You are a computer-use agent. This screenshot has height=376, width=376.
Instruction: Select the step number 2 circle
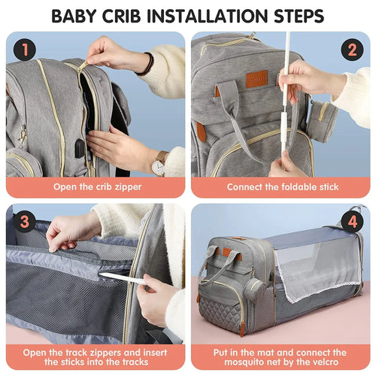350,50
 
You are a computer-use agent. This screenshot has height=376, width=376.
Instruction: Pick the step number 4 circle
350,223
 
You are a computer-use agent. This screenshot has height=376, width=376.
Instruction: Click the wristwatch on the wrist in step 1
159,162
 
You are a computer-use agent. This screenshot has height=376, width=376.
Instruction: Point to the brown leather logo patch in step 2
256,78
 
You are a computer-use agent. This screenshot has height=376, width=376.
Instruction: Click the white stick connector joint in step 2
285,122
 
